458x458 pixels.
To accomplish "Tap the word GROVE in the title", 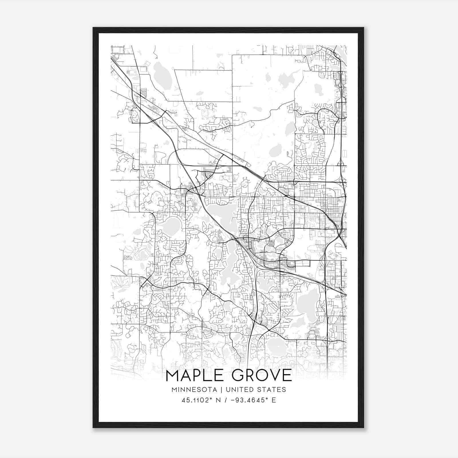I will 262,375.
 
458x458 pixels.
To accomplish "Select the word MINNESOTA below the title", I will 194,390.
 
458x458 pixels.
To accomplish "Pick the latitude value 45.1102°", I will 198,400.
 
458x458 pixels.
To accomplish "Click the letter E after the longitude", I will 274,400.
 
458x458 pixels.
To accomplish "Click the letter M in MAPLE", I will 173,375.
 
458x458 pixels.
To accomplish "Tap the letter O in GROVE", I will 261,375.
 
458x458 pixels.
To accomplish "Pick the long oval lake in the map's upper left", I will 162,76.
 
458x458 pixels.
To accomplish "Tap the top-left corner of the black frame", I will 93,28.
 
